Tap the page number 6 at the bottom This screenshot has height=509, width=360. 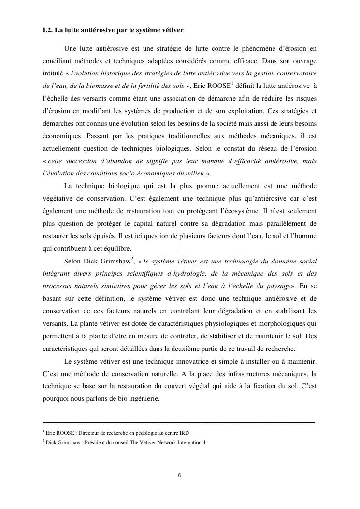tap(180, 475)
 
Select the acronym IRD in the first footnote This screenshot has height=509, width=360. tap(184, 433)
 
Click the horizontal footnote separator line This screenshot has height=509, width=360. tap(179, 422)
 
